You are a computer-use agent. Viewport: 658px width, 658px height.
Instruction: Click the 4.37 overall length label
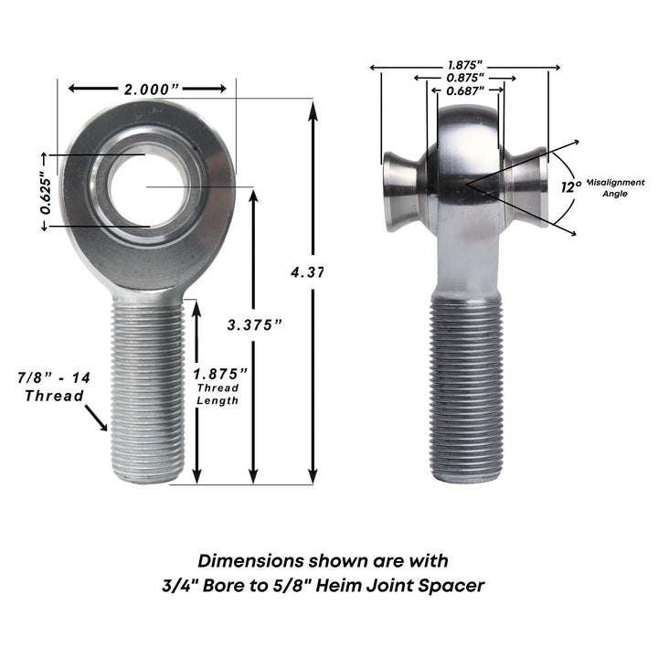pos(306,272)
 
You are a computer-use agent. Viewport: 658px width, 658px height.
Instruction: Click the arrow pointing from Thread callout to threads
pos(96,419)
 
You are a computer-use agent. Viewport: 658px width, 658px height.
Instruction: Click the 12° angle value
pos(570,186)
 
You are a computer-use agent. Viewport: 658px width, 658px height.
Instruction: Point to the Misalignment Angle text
pos(614,187)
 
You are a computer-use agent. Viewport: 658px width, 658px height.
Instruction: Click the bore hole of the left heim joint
pos(145,187)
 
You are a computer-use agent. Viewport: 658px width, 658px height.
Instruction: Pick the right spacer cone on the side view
pos(531,187)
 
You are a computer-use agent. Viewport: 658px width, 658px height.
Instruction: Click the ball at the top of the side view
pos(465,137)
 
